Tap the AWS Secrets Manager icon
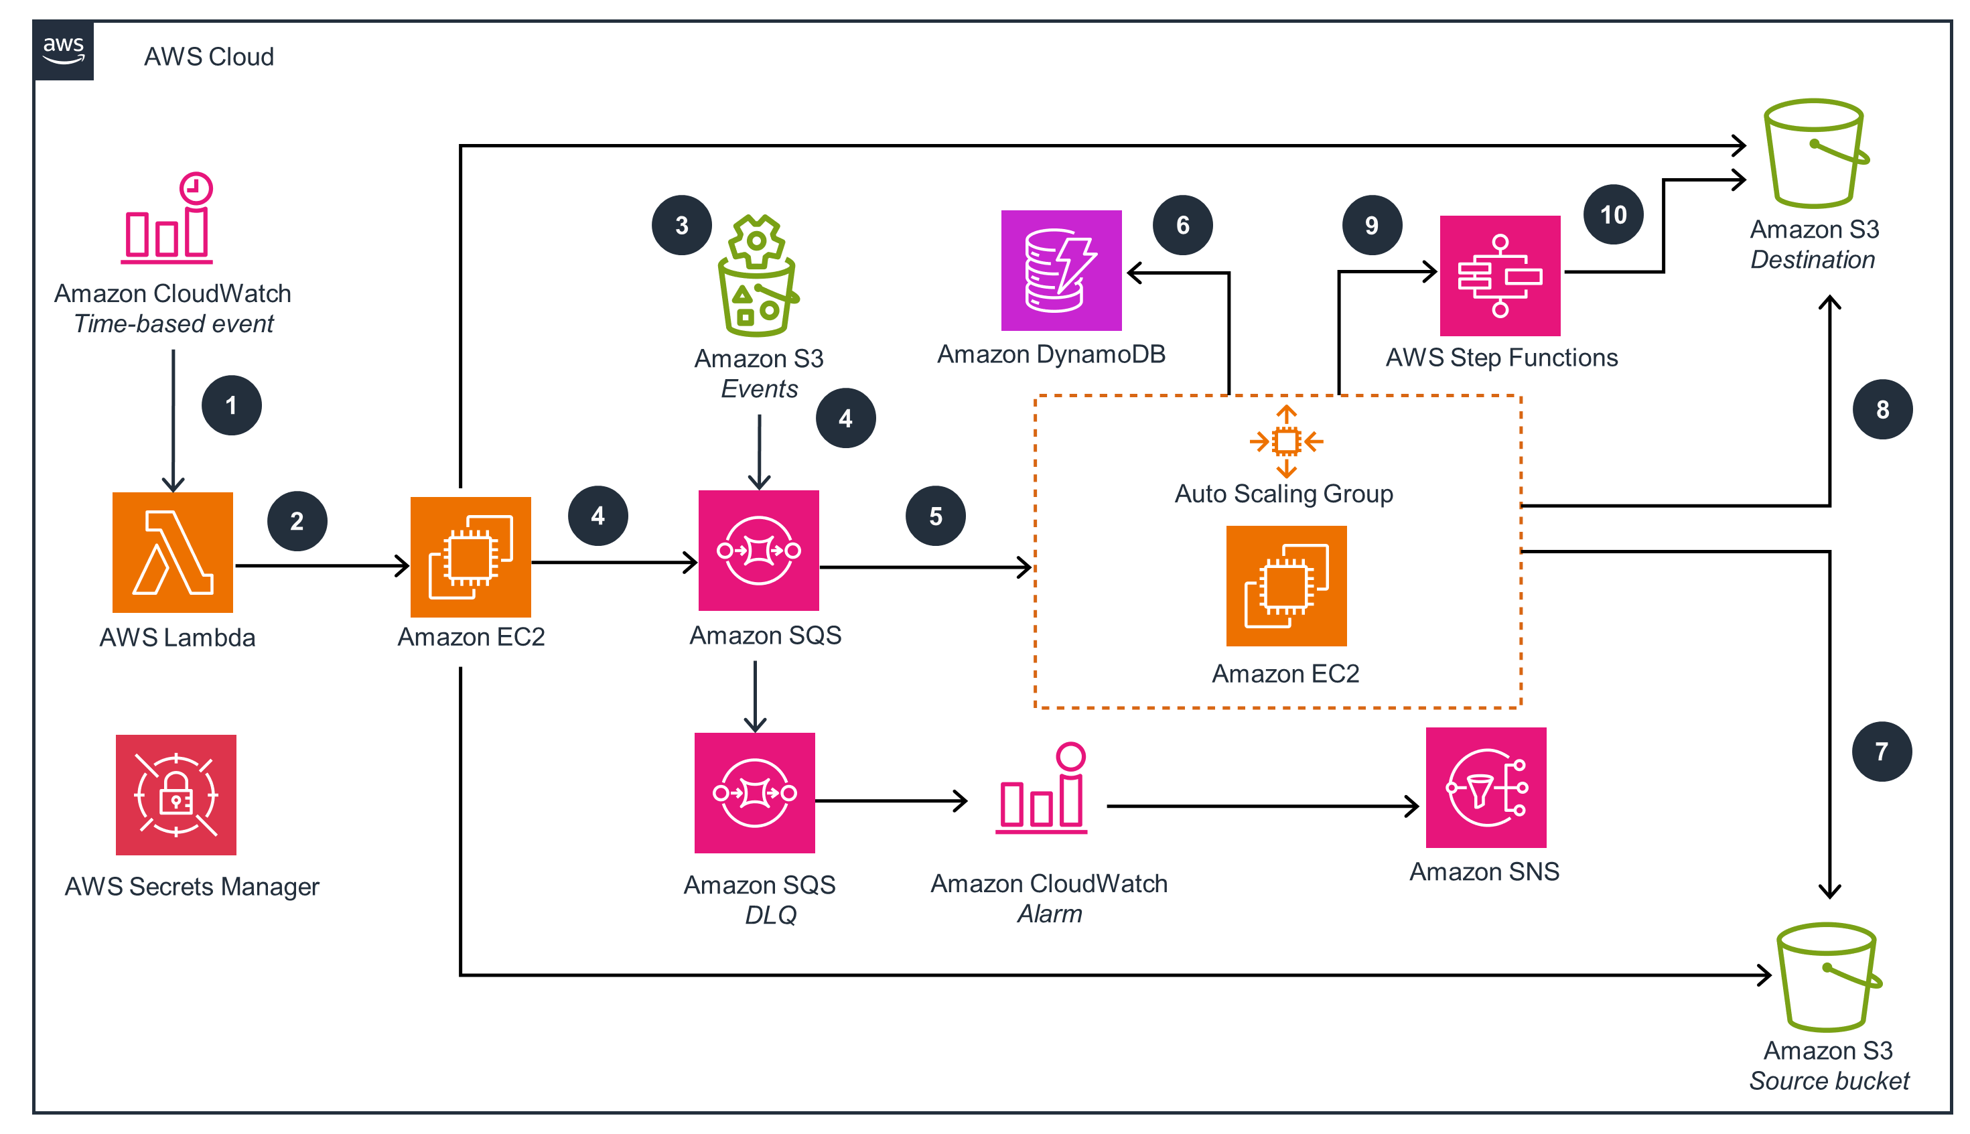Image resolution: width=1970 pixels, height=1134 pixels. [x=176, y=794]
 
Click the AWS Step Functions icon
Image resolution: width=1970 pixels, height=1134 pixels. [x=1500, y=276]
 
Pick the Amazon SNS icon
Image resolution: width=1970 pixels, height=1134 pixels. [x=1486, y=788]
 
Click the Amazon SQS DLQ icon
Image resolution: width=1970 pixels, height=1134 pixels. [x=754, y=793]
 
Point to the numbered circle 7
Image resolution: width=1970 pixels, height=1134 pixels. [x=1881, y=752]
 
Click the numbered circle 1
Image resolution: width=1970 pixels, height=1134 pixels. [x=231, y=405]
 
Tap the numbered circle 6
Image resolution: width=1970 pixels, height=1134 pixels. [x=1182, y=225]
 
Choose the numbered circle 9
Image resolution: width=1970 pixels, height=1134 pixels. [x=1371, y=225]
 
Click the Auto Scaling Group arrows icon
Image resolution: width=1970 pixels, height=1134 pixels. [x=1285, y=441]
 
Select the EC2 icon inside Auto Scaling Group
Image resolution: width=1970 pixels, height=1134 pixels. [x=1285, y=585]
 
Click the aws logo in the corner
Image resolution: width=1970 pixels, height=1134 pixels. [x=63, y=51]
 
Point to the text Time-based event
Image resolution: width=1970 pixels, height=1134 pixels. [x=173, y=324]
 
